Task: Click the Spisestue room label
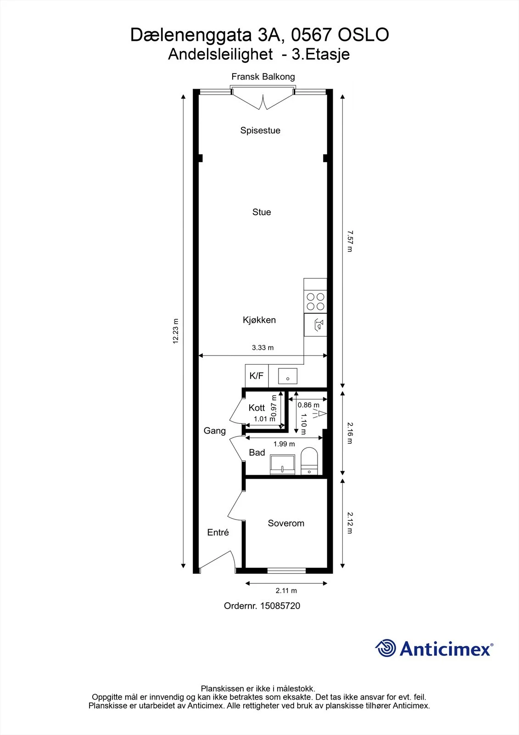click(x=260, y=130)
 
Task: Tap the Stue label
click(x=262, y=212)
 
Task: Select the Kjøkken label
click(x=259, y=320)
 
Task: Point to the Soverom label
click(x=286, y=523)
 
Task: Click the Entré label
click(x=218, y=532)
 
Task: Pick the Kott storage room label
click(x=257, y=408)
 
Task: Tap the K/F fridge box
click(x=257, y=376)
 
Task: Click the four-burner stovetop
click(x=315, y=301)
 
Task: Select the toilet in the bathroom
click(x=309, y=461)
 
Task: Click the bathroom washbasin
click(x=282, y=464)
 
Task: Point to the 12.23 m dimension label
click(x=175, y=331)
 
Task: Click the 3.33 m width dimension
click(x=262, y=348)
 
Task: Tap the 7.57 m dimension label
click(x=350, y=241)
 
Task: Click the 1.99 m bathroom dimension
click(x=284, y=444)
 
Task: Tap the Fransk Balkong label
click(x=263, y=77)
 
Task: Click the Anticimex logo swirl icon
click(x=385, y=648)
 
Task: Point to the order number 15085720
click(x=280, y=606)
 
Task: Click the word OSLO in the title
click(x=363, y=35)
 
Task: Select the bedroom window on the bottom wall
click(x=286, y=571)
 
